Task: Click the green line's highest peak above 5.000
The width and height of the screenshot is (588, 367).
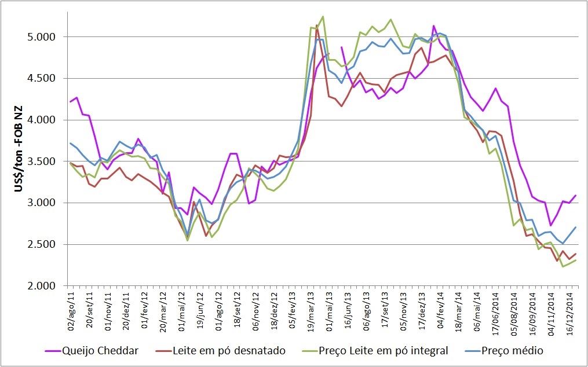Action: [x=323, y=16]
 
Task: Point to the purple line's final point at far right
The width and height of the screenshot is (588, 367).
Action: [x=575, y=196]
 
